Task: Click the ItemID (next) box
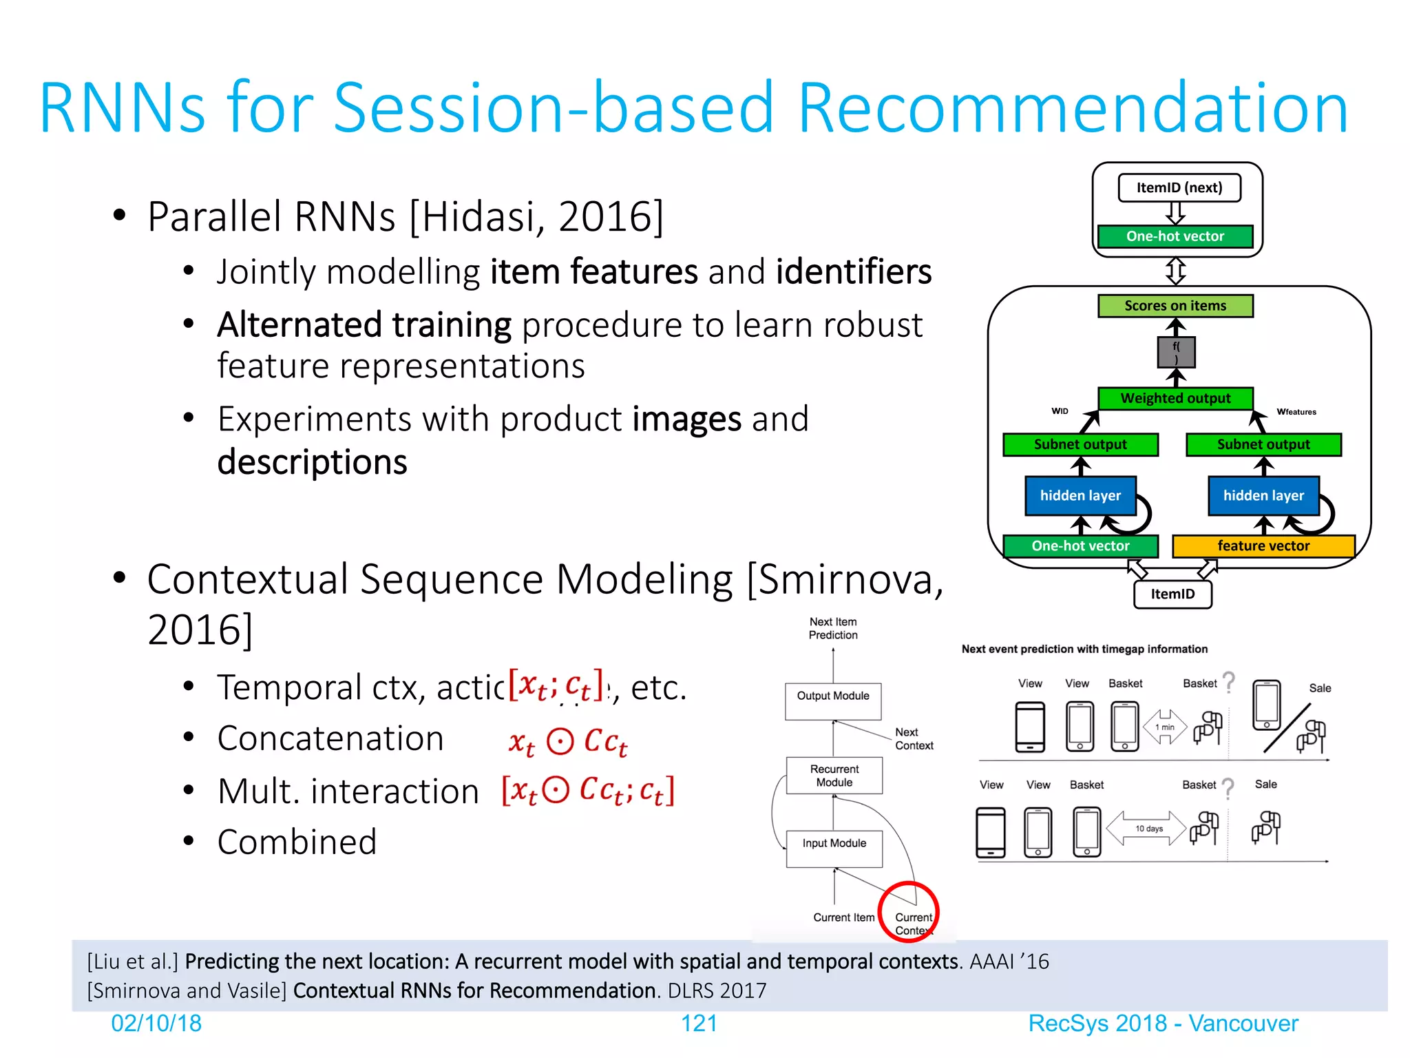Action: point(1179,188)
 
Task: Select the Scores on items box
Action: point(1175,306)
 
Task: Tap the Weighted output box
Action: point(1175,398)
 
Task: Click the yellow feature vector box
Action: point(1263,546)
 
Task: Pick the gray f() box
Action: point(1176,353)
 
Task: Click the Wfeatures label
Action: point(1296,412)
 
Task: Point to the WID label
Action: point(1060,411)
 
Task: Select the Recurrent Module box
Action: point(834,776)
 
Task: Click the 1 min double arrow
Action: point(1165,727)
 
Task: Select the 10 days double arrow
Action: point(1148,829)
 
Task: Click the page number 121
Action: point(699,1024)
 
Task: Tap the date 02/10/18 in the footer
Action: point(156,1024)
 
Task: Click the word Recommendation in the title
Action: point(1072,108)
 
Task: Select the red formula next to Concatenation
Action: point(568,742)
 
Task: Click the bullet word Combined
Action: point(297,842)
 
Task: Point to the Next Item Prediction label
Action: point(833,628)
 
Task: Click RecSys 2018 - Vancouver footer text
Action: point(1163,1024)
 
